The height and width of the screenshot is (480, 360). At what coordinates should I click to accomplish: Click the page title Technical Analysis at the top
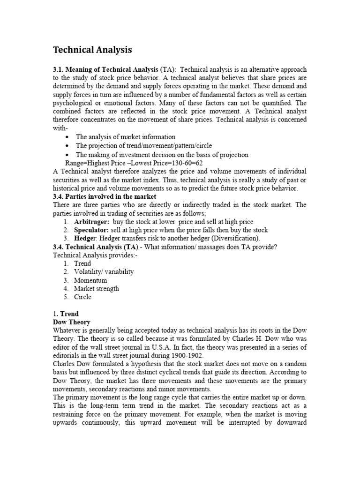92,50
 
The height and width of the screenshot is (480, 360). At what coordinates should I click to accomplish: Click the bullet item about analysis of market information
126,137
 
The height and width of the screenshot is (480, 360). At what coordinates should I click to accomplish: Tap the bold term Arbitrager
91,222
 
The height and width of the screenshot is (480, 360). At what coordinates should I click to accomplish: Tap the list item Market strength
97,289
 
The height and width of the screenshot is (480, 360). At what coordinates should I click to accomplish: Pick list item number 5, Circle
82,297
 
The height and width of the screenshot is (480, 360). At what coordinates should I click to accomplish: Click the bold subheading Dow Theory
72,322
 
